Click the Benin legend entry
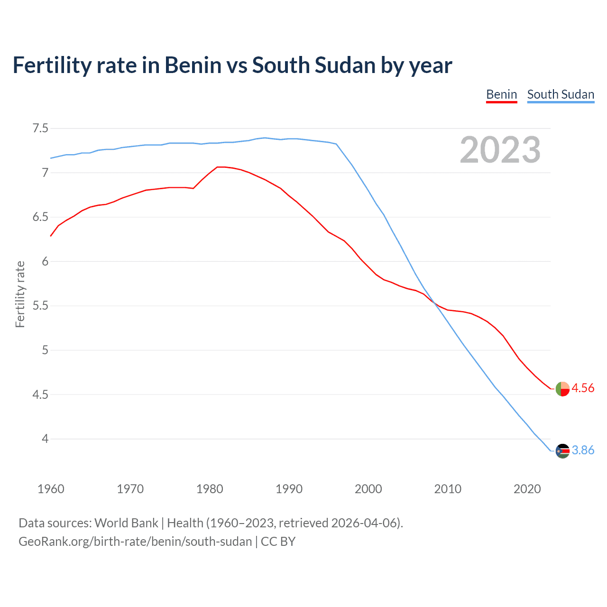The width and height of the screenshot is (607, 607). click(501, 94)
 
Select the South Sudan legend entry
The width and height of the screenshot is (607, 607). click(561, 94)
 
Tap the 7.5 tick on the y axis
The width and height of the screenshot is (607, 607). click(40, 129)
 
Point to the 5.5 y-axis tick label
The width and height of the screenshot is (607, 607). click(40, 306)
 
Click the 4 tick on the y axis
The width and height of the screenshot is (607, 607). click(45, 439)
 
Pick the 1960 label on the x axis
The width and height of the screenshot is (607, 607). click(51, 489)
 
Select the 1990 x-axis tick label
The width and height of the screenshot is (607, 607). click(289, 489)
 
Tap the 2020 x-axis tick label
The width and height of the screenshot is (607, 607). click(527, 489)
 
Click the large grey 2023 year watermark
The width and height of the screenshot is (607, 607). click(500, 150)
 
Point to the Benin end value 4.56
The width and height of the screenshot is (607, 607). click(583, 388)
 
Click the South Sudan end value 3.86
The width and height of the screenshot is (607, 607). click(583, 451)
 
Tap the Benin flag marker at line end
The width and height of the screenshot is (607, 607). click(562, 389)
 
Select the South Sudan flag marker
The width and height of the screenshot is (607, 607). click(562, 451)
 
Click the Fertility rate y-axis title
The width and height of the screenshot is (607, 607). click(20, 294)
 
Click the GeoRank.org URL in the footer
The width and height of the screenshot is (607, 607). click(135, 542)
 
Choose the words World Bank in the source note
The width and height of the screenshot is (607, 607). click(126, 523)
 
